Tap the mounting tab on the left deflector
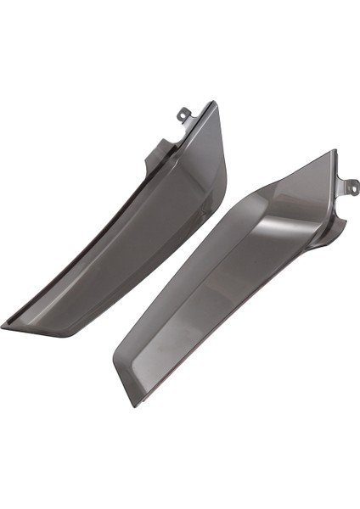(x=185, y=117)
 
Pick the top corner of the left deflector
(x=213, y=103)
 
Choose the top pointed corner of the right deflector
(x=334, y=152)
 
